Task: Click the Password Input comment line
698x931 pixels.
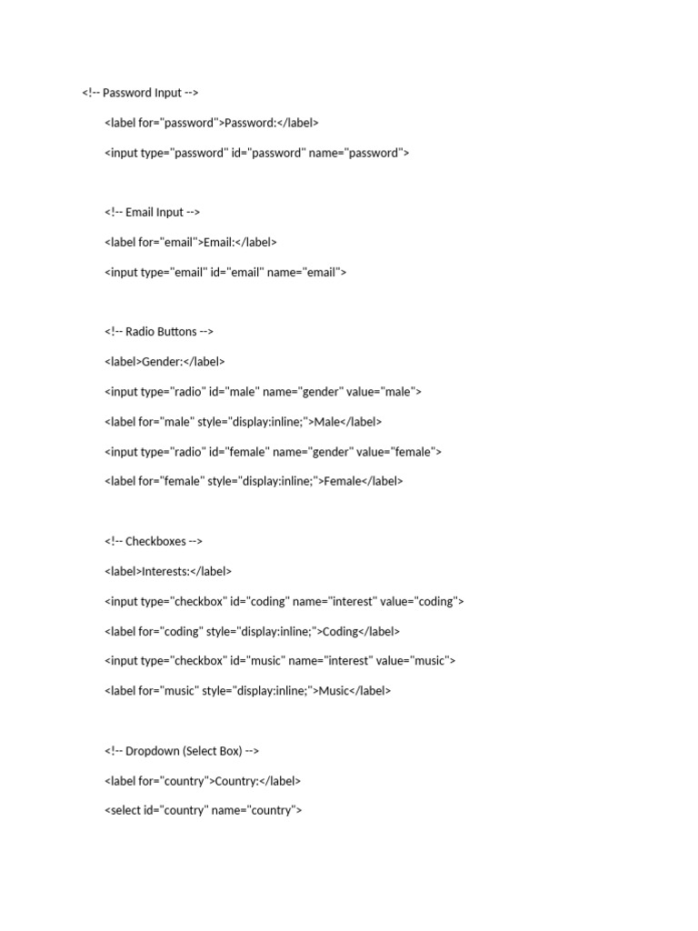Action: click(x=140, y=93)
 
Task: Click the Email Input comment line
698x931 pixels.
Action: click(x=152, y=213)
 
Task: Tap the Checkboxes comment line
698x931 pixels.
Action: click(x=153, y=542)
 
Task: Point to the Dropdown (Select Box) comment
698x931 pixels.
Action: click(x=182, y=751)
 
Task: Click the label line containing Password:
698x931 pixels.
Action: click(x=211, y=123)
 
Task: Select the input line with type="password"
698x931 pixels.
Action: click(x=256, y=153)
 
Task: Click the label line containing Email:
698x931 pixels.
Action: click(x=190, y=243)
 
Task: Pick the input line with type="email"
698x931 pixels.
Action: click(x=225, y=272)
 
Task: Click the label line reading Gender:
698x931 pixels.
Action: click(x=165, y=362)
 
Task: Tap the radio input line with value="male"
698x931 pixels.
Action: click(x=263, y=392)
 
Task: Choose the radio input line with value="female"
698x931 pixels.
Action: click(x=273, y=452)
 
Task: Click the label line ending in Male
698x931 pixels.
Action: click(x=243, y=422)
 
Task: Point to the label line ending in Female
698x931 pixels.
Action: click(x=254, y=482)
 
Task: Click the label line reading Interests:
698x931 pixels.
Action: click(x=168, y=572)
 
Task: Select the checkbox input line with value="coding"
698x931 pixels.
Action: click(x=284, y=602)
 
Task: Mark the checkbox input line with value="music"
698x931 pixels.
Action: click(x=280, y=661)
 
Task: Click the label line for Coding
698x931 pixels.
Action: click(x=252, y=631)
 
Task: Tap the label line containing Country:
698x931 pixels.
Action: click(x=202, y=781)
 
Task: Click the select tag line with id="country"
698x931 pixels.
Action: click(x=203, y=811)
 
